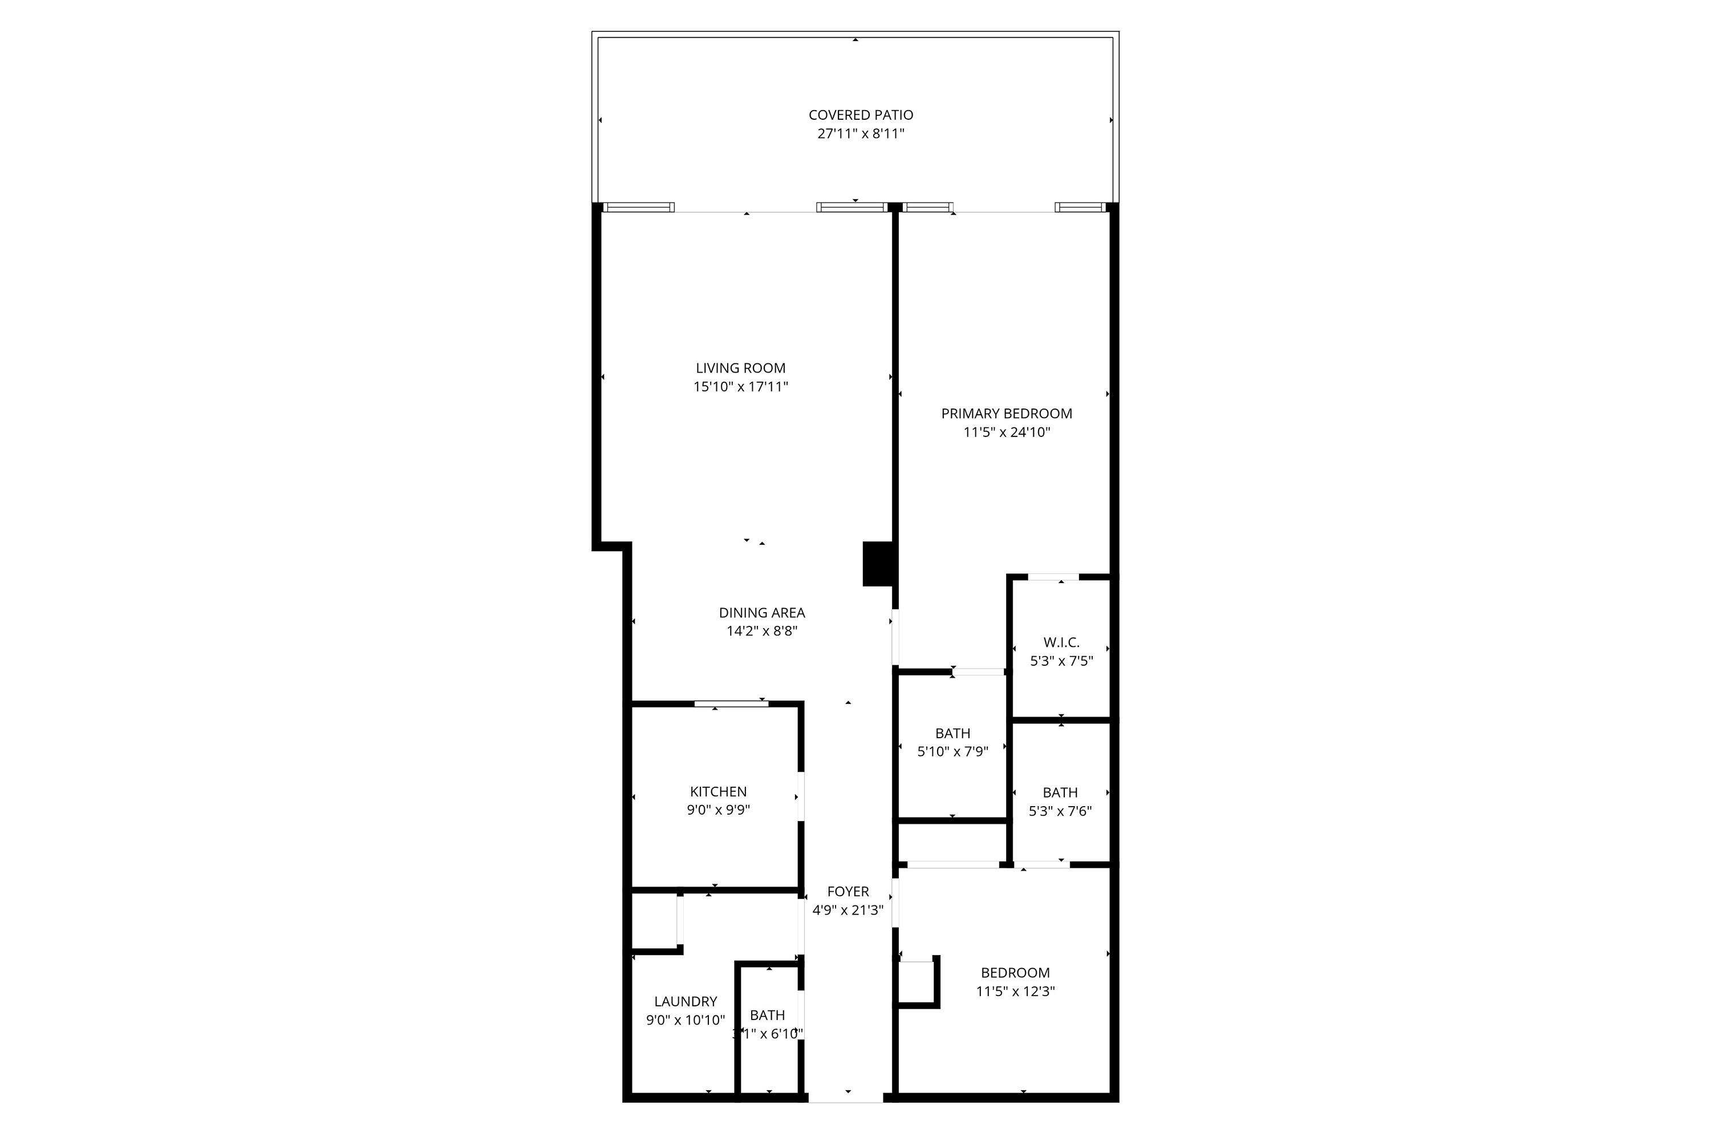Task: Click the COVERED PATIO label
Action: [861, 115]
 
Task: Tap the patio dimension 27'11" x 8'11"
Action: [861, 134]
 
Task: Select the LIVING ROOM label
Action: [740, 368]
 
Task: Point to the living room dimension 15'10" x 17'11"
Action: [740, 387]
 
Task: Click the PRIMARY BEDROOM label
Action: [1006, 413]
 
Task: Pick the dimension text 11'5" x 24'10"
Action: [1006, 432]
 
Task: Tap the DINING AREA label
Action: [761, 613]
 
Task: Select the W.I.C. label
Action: [1061, 642]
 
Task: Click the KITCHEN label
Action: [718, 792]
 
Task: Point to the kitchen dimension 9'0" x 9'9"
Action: [718, 810]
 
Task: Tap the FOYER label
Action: [848, 891]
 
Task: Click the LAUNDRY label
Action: [686, 1001]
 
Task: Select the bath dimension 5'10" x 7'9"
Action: [952, 752]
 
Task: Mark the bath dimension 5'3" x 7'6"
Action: [1060, 811]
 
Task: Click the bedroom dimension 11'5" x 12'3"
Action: [1015, 991]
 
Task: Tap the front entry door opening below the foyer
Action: [845, 1118]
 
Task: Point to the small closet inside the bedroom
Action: [916, 982]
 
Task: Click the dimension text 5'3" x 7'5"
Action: [1061, 661]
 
